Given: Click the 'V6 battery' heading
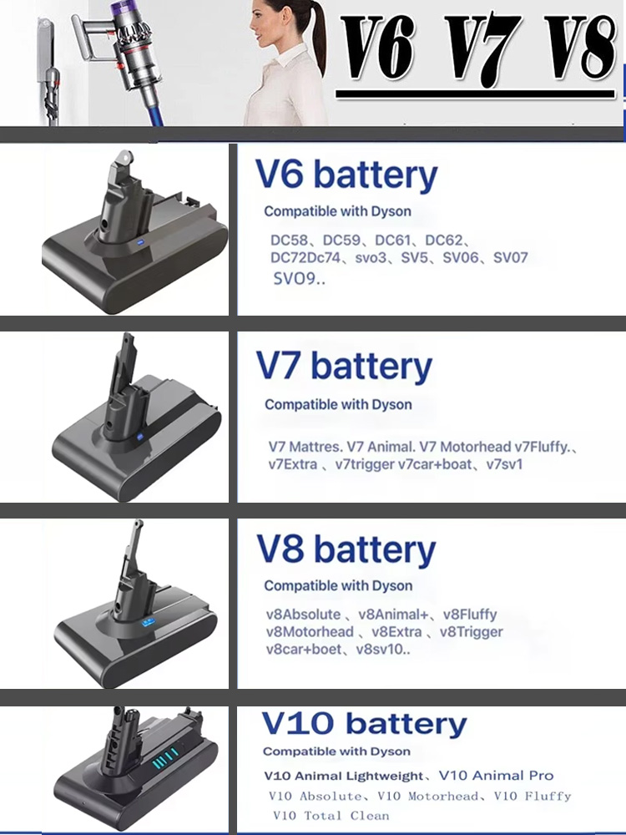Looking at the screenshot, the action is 346,175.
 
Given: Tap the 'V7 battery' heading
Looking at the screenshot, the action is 344,367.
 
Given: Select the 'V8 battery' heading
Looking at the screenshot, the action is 346,549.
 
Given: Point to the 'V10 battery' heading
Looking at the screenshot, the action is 364,724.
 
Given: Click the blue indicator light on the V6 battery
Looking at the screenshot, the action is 140,242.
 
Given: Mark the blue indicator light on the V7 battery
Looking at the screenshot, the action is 140,438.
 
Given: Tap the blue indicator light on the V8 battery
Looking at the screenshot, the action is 148,621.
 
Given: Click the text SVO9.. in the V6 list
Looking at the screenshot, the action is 299,279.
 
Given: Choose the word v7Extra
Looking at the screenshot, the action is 293,464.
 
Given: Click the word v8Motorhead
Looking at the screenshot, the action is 310,632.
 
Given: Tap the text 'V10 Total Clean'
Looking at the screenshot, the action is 331,816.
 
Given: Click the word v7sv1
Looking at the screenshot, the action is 505,464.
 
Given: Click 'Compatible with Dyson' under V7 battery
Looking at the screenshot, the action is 338,404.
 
